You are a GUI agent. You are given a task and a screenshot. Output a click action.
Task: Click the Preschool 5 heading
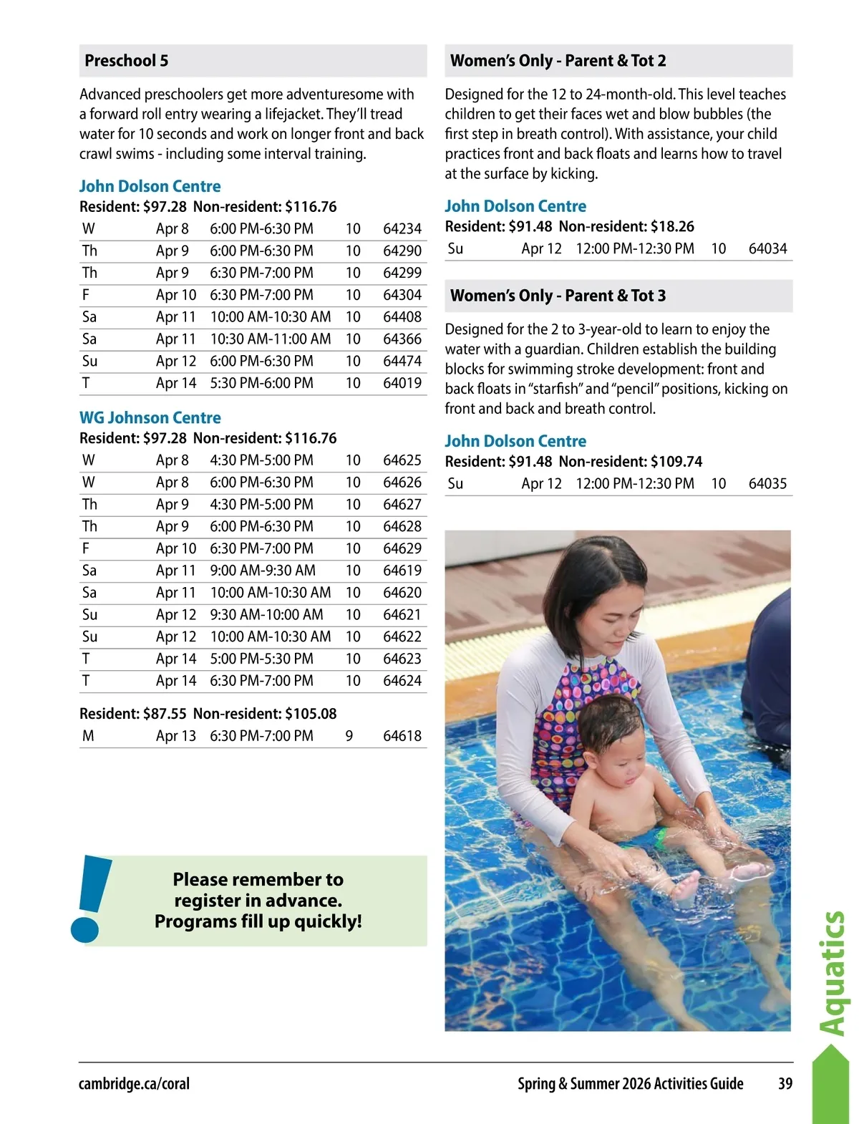[x=127, y=61]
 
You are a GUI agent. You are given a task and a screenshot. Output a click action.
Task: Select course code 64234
[x=402, y=229]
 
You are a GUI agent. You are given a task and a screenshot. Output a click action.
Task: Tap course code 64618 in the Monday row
[x=402, y=736]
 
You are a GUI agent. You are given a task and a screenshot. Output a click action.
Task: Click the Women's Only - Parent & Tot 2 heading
[x=558, y=61]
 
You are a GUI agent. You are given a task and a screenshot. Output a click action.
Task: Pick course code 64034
[x=767, y=249]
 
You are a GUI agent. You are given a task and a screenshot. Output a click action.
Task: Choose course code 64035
[x=767, y=484]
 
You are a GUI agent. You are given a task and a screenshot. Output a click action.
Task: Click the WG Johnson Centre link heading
[x=150, y=418]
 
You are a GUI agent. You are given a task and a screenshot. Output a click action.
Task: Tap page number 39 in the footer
[x=785, y=1084]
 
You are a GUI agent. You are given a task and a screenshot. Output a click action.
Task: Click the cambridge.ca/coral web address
[x=134, y=1084]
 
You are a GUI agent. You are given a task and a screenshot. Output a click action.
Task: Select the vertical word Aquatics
[x=833, y=974]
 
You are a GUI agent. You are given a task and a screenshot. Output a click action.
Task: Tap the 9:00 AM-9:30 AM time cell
[x=263, y=571]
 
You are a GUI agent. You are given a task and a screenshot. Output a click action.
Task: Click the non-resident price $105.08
[x=311, y=714]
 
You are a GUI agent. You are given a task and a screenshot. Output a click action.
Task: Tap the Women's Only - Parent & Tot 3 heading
[x=558, y=296]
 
